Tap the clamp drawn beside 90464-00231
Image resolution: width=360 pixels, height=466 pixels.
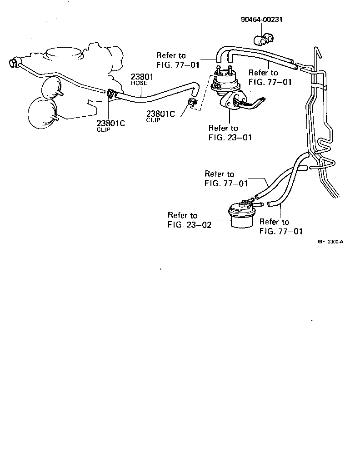pyautogui.click(x=263, y=41)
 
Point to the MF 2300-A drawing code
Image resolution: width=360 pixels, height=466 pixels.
pyautogui.click(x=330, y=242)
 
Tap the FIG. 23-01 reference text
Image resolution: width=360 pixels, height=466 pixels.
pyautogui.click(x=230, y=137)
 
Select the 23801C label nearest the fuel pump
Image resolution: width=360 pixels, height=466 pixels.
pyautogui.click(x=160, y=114)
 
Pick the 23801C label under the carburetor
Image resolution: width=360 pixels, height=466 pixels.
pyautogui.click(x=110, y=123)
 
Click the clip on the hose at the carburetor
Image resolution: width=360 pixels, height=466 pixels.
pyautogui.click(x=110, y=94)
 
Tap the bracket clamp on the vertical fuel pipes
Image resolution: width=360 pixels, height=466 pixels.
pyautogui.click(x=318, y=84)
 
